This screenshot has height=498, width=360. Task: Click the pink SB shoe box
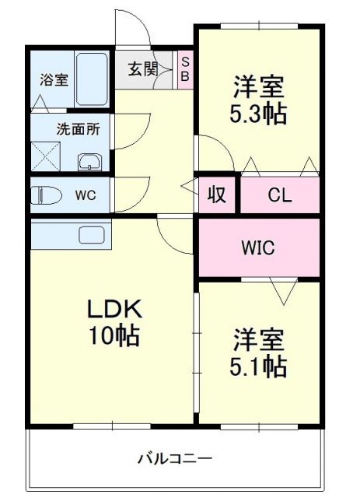[x=185, y=69]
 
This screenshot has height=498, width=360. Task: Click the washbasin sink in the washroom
[x=89, y=162]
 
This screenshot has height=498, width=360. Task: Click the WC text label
[x=85, y=195]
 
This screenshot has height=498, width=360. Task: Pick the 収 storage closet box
[x=217, y=195]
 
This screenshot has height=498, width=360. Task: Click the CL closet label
[x=280, y=195]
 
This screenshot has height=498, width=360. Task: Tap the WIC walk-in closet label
[x=257, y=248]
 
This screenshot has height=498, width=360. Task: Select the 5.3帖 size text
[x=257, y=114]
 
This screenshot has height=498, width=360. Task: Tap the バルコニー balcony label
[x=175, y=458]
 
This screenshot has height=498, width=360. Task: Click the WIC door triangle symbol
[x=283, y=292]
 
